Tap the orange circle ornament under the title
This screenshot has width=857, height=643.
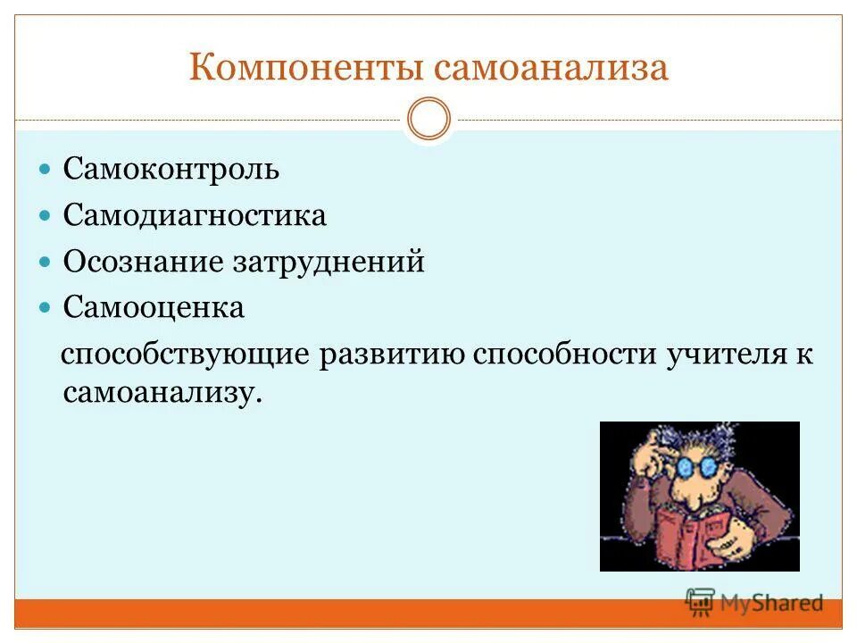[x=428, y=120]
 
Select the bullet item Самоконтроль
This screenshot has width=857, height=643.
[x=171, y=169]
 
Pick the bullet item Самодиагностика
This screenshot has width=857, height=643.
[x=195, y=215]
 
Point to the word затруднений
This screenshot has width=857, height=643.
[x=328, y=262]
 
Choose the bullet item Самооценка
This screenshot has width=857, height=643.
[x=154, y=308]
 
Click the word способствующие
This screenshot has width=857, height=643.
[x=184, y=355]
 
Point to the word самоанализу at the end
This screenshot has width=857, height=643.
[x=162, y=393]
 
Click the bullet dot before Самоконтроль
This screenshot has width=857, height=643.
[x=47, y=169]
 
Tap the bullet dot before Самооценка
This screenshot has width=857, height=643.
[x=47, y=308]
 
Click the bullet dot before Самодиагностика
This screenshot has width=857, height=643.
[x=47, y=215]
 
